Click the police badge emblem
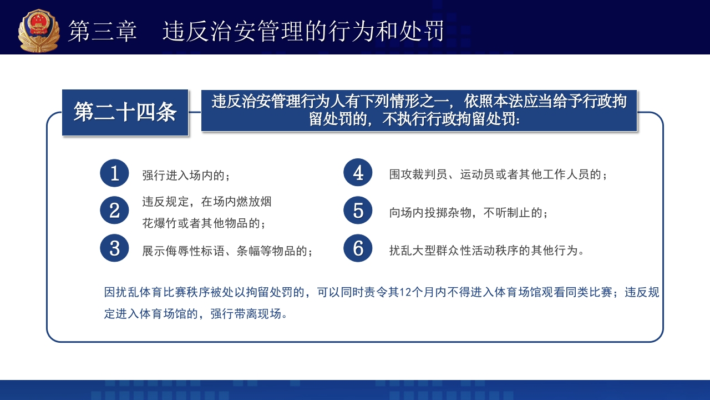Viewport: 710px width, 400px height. pyautogui.click(x=39, y=31)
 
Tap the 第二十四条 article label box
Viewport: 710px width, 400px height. pyautogui.click(x=125, y=112)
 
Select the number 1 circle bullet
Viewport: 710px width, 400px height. pyautogui.click(x=115, y=173)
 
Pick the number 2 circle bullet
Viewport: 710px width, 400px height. pyautogui.click(x=115, y=211)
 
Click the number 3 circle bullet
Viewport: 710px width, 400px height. pyautogui.click(x=115, y=248)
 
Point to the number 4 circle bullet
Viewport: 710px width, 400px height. pyautogui.click(x=358, y=173)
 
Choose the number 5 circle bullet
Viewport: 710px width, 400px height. pyautogui.click(x=358, y=211)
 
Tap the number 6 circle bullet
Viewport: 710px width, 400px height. pyautogui.click(x=358, y=248)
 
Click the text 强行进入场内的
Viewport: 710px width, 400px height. pyautogui.click(x=185, y=176)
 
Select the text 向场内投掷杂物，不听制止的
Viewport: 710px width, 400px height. pyautogui.click(x=468, y=213)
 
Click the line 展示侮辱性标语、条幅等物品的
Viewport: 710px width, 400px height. pyautogui.click(x=227, y=251)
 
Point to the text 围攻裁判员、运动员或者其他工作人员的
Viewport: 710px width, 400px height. pyautogui.click(x=498, y=175)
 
